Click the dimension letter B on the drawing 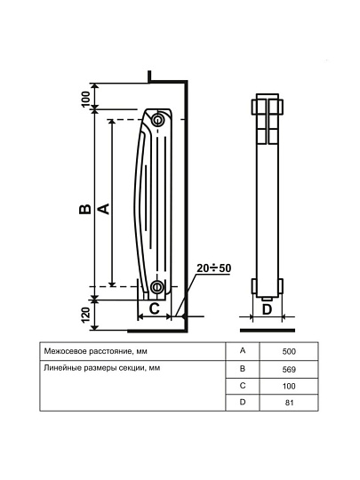tap(84, 209)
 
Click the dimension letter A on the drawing tap(103, 209)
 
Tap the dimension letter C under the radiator tap(155, 308)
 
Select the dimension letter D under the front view tap(268, 309)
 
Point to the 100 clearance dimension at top tap(86, 99)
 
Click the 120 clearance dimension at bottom tap(86, 315)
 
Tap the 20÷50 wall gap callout tap(213, 268)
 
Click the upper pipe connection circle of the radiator tap(157, 119)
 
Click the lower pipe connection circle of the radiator tap(157, 286)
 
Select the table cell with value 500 tap(289, 351)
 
